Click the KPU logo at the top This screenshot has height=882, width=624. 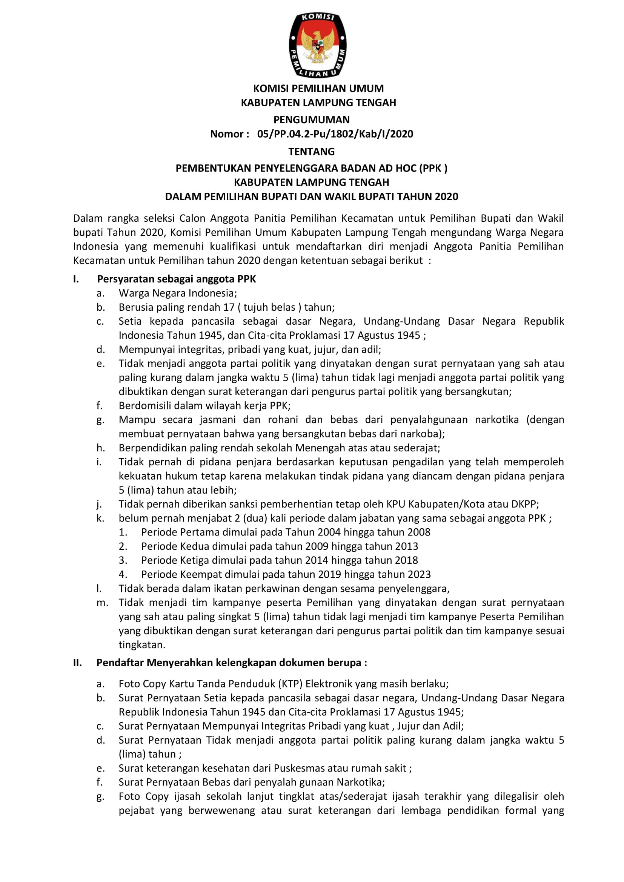coord(318,45)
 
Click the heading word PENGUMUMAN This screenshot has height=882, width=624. coord(312,120)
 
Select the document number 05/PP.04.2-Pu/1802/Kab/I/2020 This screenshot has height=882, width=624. coord(335,134)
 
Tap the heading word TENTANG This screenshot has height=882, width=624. coord(312,151)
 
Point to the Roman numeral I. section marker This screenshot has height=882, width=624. coord(76,279)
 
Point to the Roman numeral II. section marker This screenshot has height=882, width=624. coord(78,663)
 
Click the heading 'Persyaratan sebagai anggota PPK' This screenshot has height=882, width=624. coord(176,279)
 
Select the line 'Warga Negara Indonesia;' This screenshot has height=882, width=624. coord(178,293)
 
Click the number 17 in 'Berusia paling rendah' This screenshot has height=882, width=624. coord(229,307)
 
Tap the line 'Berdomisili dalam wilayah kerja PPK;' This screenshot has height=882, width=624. coord(204,406)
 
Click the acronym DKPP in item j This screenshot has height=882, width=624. coord(524,504)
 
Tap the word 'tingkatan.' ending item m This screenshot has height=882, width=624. coord(142,644)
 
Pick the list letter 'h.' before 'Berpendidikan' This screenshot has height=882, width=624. coord(101,448)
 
